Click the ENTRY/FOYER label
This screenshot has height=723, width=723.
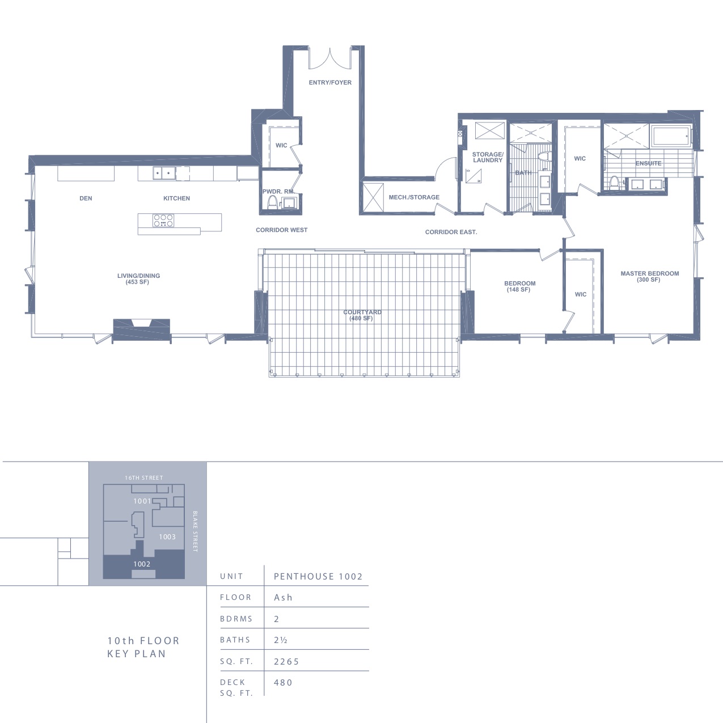pos(330,83)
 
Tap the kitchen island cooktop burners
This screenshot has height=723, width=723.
pos(163,221)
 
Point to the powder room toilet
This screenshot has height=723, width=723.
pos(272,202)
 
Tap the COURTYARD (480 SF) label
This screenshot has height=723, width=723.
pos(362,315)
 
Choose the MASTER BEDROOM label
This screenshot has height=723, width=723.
pos(650,277)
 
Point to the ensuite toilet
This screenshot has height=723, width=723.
pos(614,183)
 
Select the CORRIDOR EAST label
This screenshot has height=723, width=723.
pos(451,232)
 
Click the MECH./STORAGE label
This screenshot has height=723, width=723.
pos(414,197)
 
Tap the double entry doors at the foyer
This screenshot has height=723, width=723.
pos(330,58)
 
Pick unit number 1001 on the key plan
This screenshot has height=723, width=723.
pos(142,501)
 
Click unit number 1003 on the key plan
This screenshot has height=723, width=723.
pos(167,537)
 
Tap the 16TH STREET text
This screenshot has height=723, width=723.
pos(144,478)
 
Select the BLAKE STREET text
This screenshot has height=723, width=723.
pos(195,531)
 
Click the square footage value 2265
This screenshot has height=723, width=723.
pos(287,661)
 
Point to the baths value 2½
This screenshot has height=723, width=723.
pos(281,640)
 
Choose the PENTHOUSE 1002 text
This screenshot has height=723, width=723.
pos(318,576)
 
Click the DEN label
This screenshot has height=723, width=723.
pos(86,198)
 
